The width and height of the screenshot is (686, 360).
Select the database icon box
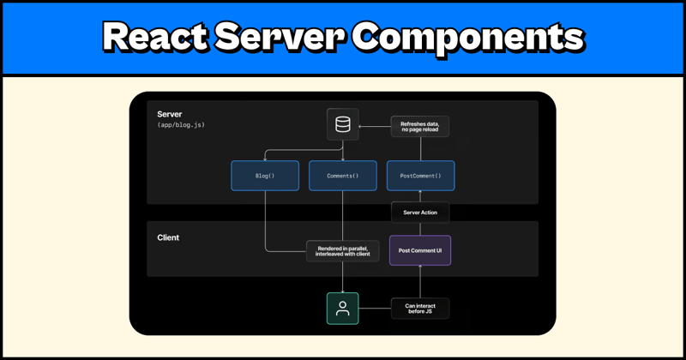pyautogui.click(x=343, y=125)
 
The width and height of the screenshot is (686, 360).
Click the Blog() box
pyautogui.click(x=265, y=176)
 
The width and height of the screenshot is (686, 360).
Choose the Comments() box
pyautogui.click(x=343, y=176)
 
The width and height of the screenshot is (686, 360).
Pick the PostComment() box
pyautogui.click(x=420, y=176)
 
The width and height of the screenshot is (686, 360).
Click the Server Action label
pyautogui.click(x=420, y=213)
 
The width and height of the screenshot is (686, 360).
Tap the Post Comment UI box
pyautogui.click(x=420, y=251)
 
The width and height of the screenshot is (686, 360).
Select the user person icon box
pyautogui.click(x=343, y=309)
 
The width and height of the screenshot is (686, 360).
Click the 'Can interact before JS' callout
pyautogui.click(x=420, y=309)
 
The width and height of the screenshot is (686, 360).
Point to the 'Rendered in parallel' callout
pyautogui.click(x=343, y=251)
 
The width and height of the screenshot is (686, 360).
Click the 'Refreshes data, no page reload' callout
pyautogui.click(x=420, y=127)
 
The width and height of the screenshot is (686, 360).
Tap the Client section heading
pyautogui.click(x=168, y=237)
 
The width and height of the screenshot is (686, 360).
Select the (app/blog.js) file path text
pyautogui.click(x=181, y=126)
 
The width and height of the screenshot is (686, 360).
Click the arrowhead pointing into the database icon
pyautogui.click(x=362, y=126)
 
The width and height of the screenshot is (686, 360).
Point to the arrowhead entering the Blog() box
pyautogui.click(x=265, y=158)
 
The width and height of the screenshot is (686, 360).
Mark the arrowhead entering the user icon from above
pyautogui.click(x=343, y=290)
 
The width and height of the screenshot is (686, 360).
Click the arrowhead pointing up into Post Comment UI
pyautogui.click(x=420, y=269)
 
